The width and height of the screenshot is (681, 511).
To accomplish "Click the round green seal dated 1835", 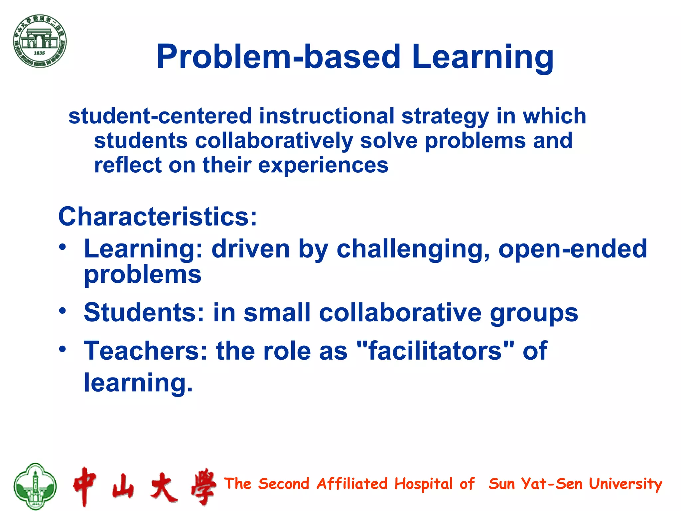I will tap(40, 41).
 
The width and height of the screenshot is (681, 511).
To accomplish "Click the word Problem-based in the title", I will tap(278, 57).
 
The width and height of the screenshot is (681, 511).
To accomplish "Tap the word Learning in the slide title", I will tap(482, 57).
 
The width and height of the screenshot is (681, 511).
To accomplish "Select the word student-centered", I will tap(160, 116).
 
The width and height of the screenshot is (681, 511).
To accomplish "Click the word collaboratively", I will tap(274, 141).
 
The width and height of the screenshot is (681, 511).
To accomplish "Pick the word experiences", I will tap(323, 165).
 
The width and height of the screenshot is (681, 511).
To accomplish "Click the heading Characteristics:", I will tap(158, 217).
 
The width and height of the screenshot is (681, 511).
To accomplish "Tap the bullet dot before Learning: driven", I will tap(63, 247).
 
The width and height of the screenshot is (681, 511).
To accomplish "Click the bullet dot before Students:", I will tap(63, 311).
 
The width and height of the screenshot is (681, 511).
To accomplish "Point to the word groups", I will tap(534, 313).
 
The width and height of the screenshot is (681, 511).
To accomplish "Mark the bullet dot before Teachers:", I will tap(63, 349).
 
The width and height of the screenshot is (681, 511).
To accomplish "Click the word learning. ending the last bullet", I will tap(138, 383).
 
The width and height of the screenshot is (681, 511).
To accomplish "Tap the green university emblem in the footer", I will tap(35, 486).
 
